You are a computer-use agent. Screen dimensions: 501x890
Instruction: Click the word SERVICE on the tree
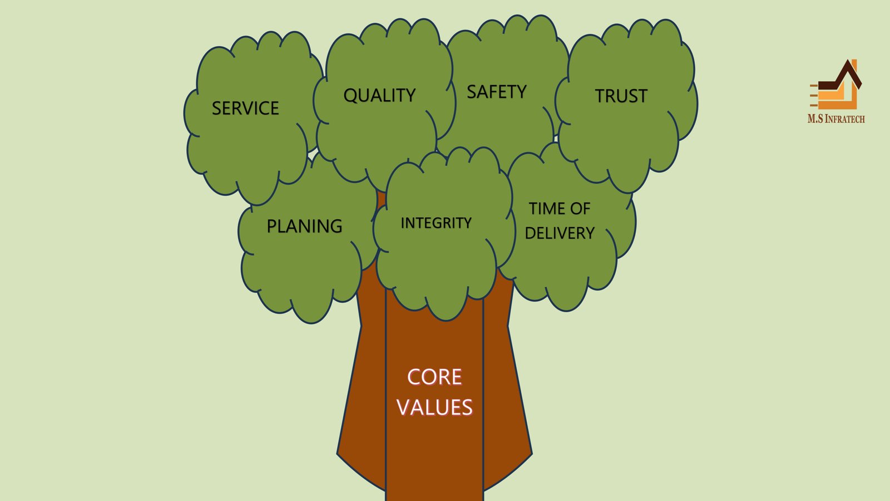pos(245,108)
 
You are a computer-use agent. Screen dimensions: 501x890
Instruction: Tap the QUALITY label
pos(379,95)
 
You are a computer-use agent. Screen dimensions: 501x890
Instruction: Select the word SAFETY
pos(496,92)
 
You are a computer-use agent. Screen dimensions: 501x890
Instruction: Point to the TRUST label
pos(621,96)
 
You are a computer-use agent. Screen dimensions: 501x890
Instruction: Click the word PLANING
pos(304,226)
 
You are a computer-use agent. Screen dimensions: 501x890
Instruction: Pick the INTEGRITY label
pos(436,223)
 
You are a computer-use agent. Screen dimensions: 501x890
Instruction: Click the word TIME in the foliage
pos(547,209)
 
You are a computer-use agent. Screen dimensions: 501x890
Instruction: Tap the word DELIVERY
pos(560,233)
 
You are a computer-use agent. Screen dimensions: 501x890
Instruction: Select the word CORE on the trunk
pos(434,377)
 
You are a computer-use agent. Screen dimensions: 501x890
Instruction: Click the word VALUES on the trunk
pos(434,407)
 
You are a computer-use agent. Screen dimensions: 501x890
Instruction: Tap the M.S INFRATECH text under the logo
pos(836,119)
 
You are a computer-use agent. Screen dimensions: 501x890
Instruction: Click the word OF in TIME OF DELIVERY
pos(580,209)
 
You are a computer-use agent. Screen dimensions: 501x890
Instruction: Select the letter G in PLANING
pos(335,226)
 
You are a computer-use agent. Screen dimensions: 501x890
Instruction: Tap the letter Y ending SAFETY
pos(521,92)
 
